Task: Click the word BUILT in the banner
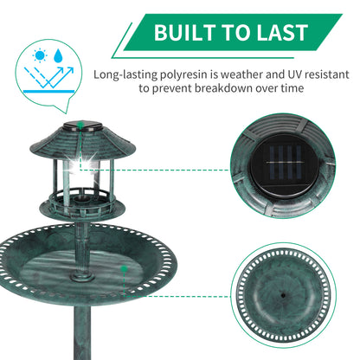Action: point(185,32)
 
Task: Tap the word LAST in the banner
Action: point(283,32)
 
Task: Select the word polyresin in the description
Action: point(183,75)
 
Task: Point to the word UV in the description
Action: point(294,74)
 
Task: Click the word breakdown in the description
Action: point(224,88)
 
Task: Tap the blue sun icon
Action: point(40,55)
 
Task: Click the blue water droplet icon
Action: point(58,55)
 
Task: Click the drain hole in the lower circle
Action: point(284,295)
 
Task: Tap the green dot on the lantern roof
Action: point(81,125)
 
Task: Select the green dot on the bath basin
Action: point(124,269)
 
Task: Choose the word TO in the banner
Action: point(236,32)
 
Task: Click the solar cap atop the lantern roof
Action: point(82,126)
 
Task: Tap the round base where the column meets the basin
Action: point(82,277)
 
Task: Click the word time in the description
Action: point(292,88)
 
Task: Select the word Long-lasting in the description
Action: point(125,75)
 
